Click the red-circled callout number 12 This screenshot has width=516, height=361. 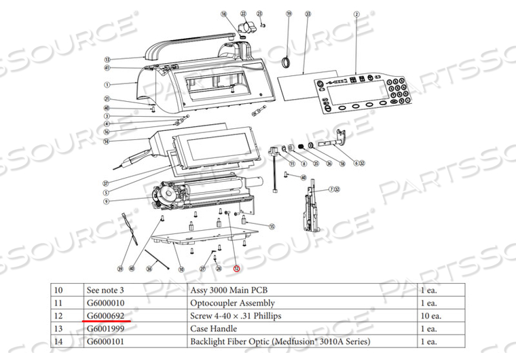click(x=237, y=268)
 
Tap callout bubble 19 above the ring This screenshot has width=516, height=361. click(x=288, y=14)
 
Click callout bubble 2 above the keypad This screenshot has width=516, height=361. click(x=356, y=14)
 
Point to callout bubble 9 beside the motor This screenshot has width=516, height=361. click(x=107, y=201)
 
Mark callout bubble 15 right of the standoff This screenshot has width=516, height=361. click(x=272, y=226)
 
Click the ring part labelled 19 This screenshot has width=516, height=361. click(x=287, y=64)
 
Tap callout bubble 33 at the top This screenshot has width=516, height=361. click(x=308, y=14)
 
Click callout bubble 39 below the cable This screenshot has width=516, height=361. click(x=121, y=268)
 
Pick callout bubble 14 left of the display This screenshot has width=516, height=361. click(x=107, y=141)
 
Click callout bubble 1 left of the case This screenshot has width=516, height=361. click(x=107, y=85)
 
